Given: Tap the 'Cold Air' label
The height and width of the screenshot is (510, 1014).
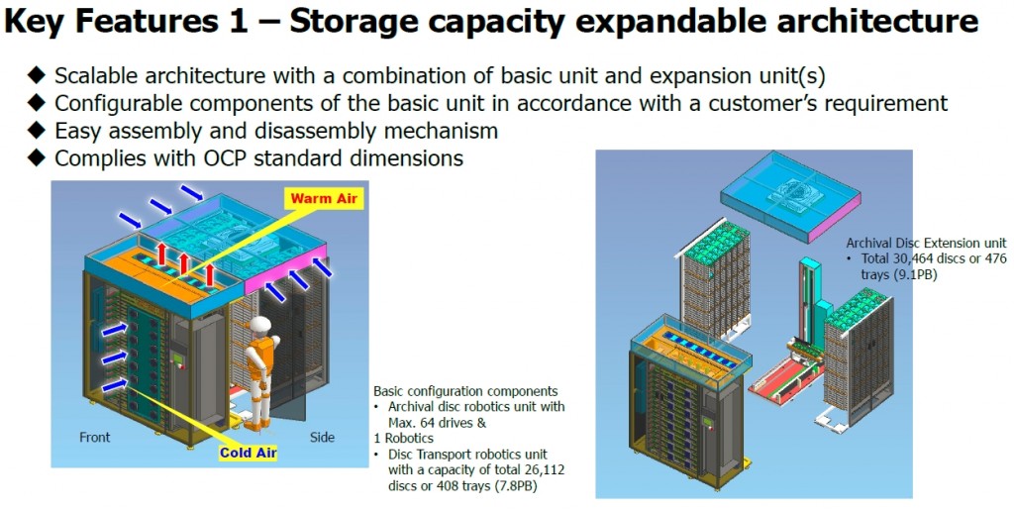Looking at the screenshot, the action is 248,453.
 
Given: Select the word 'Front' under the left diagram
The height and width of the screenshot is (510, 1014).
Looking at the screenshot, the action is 94,438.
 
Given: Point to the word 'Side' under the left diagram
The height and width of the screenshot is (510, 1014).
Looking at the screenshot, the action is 322,438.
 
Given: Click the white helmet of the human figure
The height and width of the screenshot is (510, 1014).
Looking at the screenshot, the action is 262,325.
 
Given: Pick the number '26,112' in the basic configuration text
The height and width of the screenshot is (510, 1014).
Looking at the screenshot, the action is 543,470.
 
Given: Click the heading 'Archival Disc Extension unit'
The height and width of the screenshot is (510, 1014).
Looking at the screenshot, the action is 926,243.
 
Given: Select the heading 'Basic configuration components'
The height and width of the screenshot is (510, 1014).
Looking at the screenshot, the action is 465,391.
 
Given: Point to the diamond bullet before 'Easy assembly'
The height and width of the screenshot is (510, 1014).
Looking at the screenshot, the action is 37,131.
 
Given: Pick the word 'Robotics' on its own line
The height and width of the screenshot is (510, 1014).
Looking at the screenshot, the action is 405,439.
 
